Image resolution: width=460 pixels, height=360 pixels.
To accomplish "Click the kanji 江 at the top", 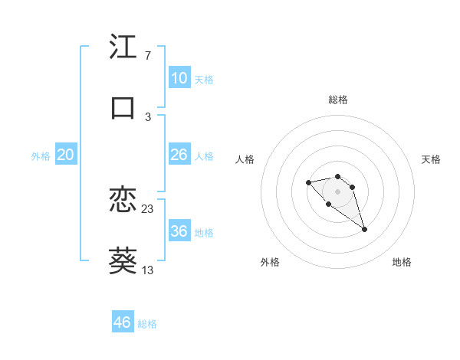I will click(123, 48).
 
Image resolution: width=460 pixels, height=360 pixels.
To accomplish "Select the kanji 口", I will click(123, 108).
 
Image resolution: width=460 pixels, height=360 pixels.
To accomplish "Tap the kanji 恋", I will click(123, 201).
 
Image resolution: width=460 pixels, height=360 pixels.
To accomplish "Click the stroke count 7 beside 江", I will click(147, 56).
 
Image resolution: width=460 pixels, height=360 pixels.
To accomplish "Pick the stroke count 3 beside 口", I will click(147, 116).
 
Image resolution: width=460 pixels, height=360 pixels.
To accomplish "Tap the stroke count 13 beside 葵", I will click(148, 270).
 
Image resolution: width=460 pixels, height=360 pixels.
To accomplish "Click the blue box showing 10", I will click(179, 78).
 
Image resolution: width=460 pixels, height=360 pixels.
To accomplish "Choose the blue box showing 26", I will click(179, 155).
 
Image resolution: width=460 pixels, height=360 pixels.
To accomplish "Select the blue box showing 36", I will click(179, 231).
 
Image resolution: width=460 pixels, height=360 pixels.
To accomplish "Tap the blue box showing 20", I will click(66, 155).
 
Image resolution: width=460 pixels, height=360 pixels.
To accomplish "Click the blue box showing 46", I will click(123, 322).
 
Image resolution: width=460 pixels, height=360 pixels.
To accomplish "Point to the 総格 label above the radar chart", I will click(338, 100).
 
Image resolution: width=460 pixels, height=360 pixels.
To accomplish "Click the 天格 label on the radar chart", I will click(431, 159).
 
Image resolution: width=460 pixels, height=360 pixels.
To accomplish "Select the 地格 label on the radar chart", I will click(402, 262).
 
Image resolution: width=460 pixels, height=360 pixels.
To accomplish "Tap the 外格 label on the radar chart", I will click(270, 262).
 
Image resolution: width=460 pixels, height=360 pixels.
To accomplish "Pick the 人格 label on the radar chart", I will click(245, 159).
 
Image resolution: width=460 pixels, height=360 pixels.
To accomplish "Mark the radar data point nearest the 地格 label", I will click(364, 229).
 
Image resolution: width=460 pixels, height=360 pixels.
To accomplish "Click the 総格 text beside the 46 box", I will click(147, 324).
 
